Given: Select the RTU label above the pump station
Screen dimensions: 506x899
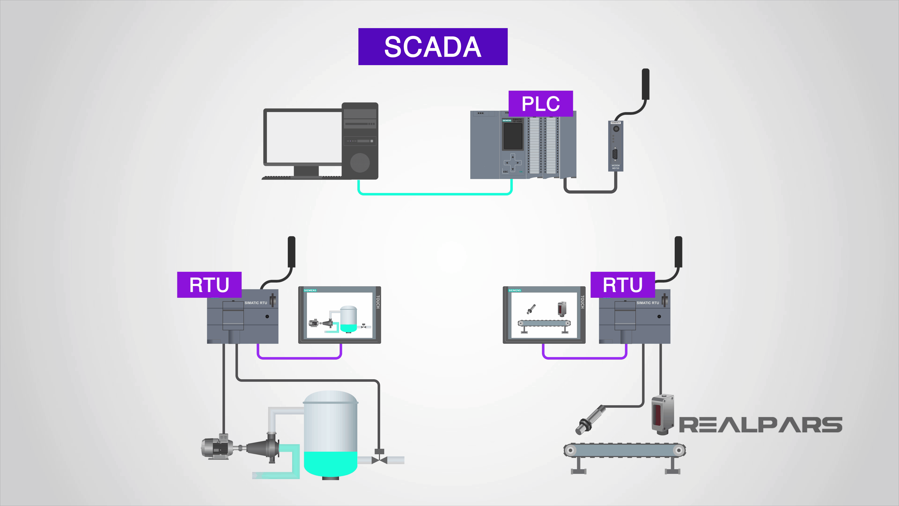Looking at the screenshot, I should [x=209, y=285].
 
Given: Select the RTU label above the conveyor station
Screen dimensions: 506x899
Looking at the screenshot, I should [x=622, y=285].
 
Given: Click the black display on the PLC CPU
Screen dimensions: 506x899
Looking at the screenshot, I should [x=513, y=136].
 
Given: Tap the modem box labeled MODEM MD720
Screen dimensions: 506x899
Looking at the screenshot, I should [x=616, y=146].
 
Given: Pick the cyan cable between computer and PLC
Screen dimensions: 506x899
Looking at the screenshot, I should [x=435, y=193].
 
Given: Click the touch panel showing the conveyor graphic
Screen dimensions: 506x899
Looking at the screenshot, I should [x=544, y=315].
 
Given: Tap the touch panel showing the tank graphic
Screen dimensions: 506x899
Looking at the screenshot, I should [x=339, y=315].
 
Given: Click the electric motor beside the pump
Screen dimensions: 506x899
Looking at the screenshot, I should [x=216, y=448].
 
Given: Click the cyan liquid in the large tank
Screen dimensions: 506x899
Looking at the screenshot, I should [x=330, y=463].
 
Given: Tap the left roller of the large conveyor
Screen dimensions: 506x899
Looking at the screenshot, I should [x=571, y=450].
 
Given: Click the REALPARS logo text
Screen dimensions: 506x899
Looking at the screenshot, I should [x=761, y=425].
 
